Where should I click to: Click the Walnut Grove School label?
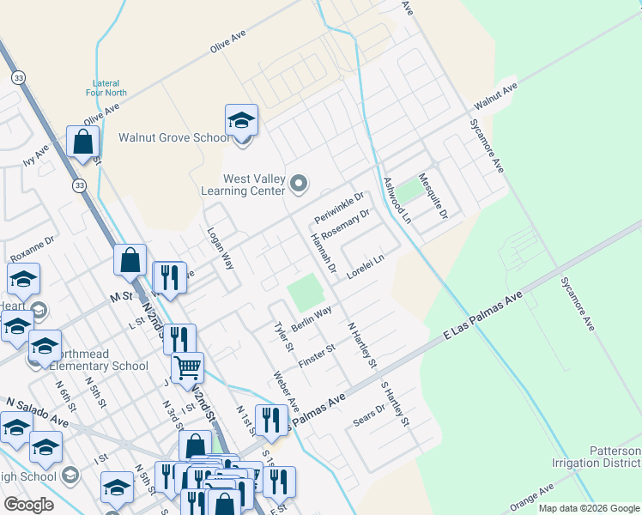pos(174,137)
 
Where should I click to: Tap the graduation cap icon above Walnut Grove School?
pos(242,121)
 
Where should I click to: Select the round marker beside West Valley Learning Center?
pos(299,183)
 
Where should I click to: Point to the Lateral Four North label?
pos(107,88)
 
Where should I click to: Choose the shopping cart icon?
pos(187,369)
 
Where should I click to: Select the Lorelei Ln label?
pos(366,266)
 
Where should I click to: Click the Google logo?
pos(28,505)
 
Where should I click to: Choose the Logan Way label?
pos(221,248)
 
